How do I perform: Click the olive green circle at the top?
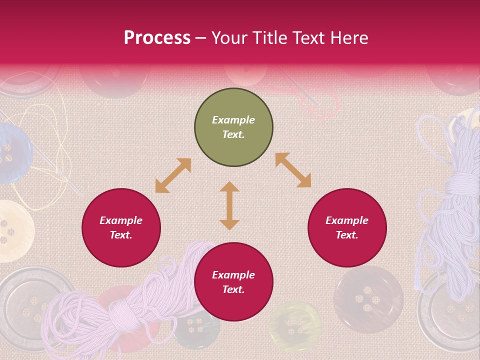pyautogui.click(x=233, y=127)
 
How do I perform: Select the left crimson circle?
pyautogui.click(x=121, y=227)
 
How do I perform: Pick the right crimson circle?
pyautogui.click(x=347, y=227)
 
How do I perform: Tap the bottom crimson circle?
pyautogui.click(x=233, y=282)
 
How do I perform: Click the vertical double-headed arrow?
pyautogui.click(x=229, y=205)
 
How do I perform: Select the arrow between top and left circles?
pyautogui.click(x=173, y=175)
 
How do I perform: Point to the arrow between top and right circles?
pyautogui.click(x=293, y=170)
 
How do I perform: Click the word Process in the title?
pyautogui.click(x=157, y=38)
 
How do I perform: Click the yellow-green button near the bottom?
pyautogui.click(x=295, y=325)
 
